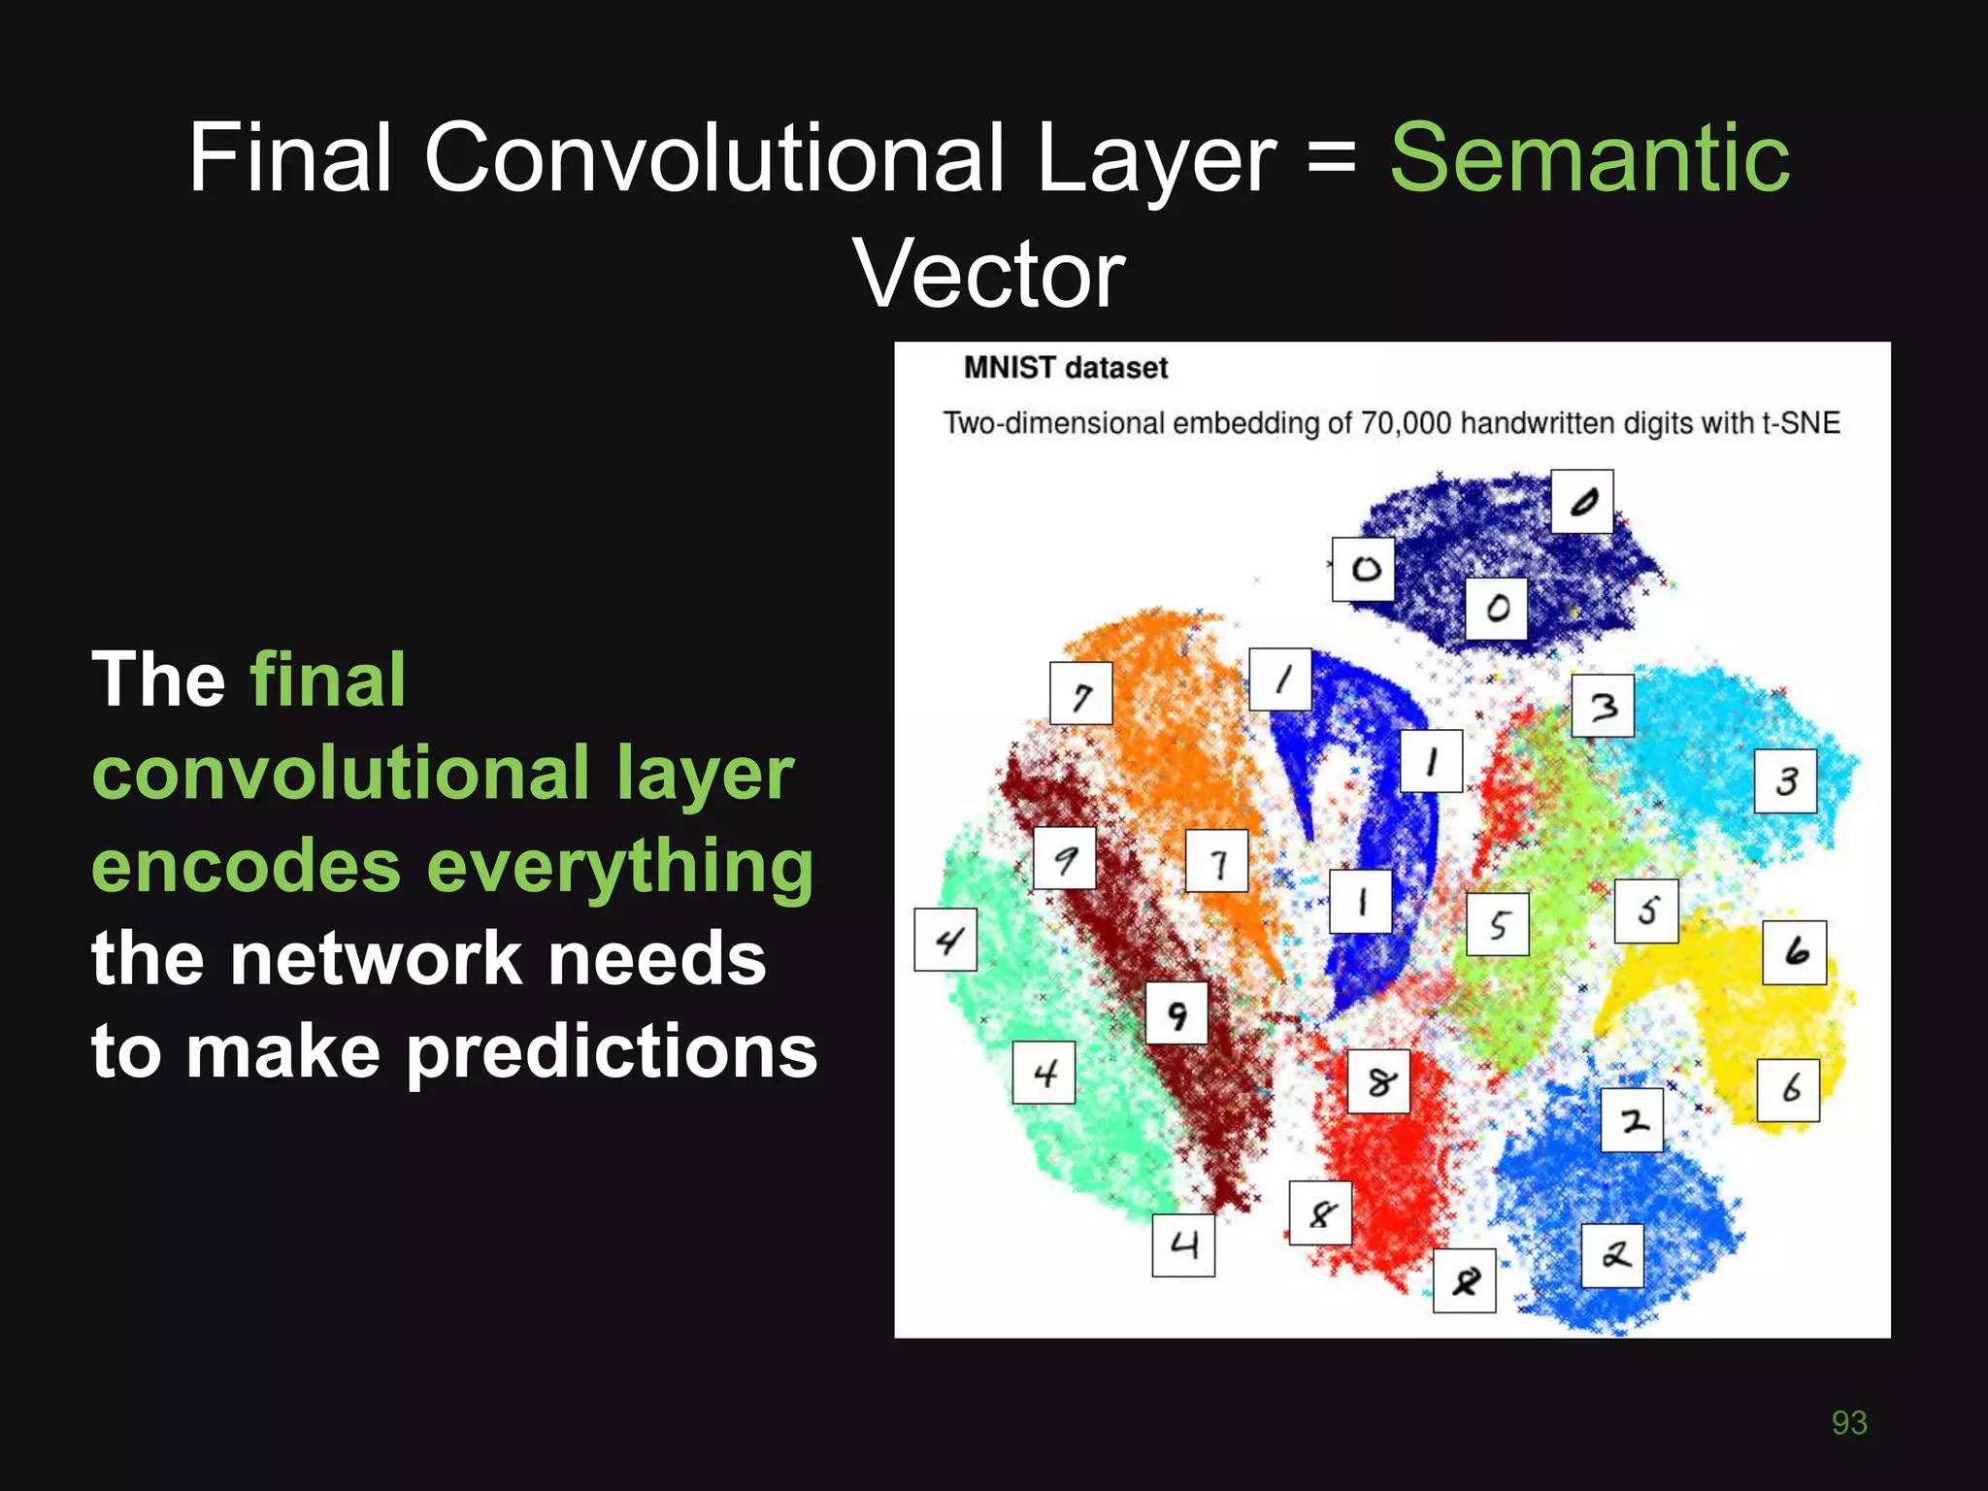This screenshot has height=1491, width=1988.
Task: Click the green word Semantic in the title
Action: (x=1589, y=158)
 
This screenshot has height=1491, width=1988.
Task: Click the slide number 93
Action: (x=1848, y=1422)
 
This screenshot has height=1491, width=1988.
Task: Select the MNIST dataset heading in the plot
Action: (x=1065, y=368)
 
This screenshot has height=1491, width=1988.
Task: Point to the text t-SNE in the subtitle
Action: (x=1801, y=423)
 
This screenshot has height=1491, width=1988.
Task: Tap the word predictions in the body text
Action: (x=612, y=1052)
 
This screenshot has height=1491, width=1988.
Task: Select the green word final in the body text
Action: (x=327, y=679)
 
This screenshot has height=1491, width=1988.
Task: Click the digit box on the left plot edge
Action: (x=945, y=940)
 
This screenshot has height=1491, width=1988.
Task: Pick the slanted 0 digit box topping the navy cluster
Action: (x=1581, y=502)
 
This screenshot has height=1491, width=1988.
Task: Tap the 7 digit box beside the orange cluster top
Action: (x=1080, y=693)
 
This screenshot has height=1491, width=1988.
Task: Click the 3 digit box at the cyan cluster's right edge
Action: (x=1785, y=781)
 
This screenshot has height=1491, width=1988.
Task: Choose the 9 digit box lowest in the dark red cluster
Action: (x=1176, y=1013)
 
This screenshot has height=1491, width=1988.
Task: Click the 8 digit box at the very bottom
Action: (x=1464, y=1281)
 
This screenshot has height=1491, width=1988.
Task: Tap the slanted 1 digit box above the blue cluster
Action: (x=1280, y=679)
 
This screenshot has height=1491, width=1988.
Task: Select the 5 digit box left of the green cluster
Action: (x=1497, y=924)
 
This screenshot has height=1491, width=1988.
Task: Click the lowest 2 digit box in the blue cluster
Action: (x=1612, y=1256)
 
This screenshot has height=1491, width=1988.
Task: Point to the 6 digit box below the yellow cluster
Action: (x=1788, y=1090)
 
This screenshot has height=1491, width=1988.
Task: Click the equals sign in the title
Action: (x=1332, y=158)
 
